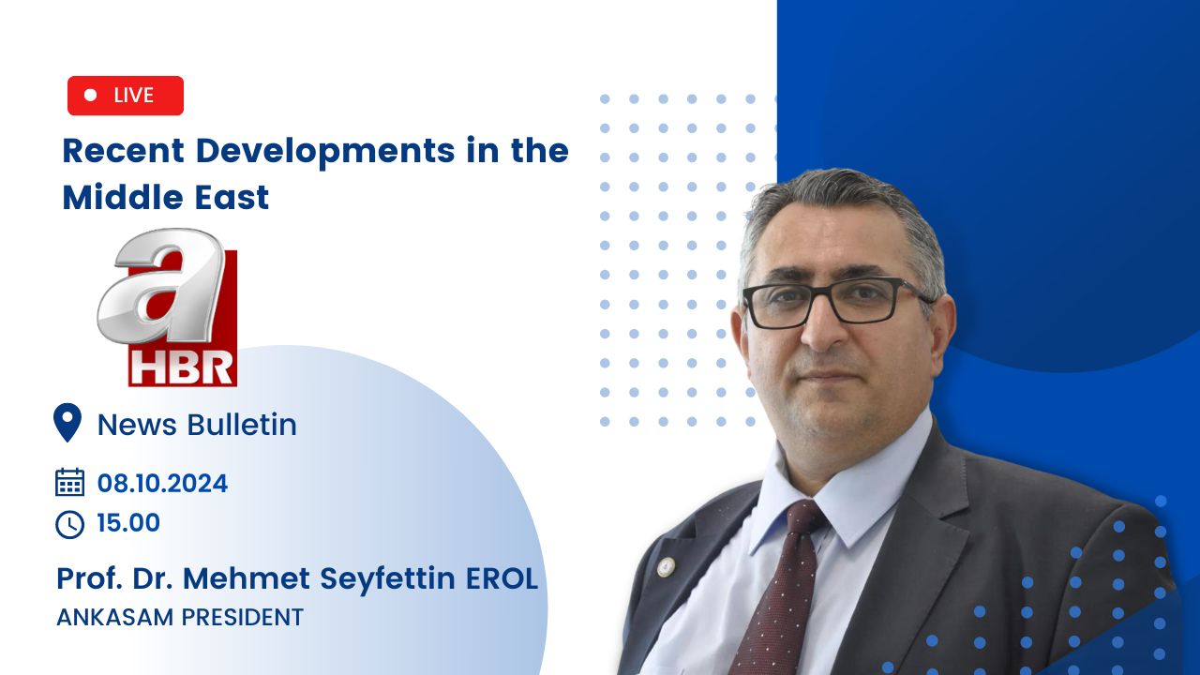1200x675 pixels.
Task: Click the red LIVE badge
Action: tap(126, 96)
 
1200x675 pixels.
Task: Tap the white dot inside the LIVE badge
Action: tap(91, 95)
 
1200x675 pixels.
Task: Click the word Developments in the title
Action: tap(325, 152)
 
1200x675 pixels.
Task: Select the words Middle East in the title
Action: tap(166, 197)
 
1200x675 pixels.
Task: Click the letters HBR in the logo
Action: tap(182, 368)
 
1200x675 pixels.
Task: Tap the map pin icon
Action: tap(67, 423)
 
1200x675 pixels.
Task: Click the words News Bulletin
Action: tap(197, 425)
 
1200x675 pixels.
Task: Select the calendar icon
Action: tap(69, 482)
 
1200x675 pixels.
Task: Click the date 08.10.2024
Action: tap(162, 483)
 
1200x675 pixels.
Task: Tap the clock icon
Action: tap(69, 524)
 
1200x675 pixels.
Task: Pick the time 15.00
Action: tap(128, 523)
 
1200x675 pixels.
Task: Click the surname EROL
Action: tap(502, 578)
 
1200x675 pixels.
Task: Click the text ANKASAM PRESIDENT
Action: tap(180, 617)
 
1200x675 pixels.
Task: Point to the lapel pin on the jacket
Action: tap(666, 567)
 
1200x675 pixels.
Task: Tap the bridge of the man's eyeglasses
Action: tap(818, 294)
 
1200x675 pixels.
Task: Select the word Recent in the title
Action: tap(124, 151)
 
